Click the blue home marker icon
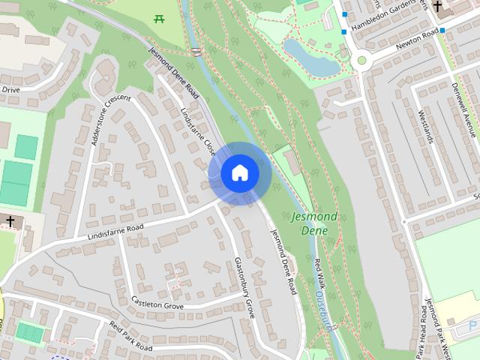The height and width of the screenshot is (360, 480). [x=240, y=173]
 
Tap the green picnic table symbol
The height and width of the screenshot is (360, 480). [x=158, y=18]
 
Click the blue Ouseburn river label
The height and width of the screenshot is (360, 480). [x=323, y=312]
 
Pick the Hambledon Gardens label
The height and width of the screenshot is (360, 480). [x=385, y=14]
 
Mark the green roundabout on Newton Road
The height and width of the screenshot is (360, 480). [x=361, y=60]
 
